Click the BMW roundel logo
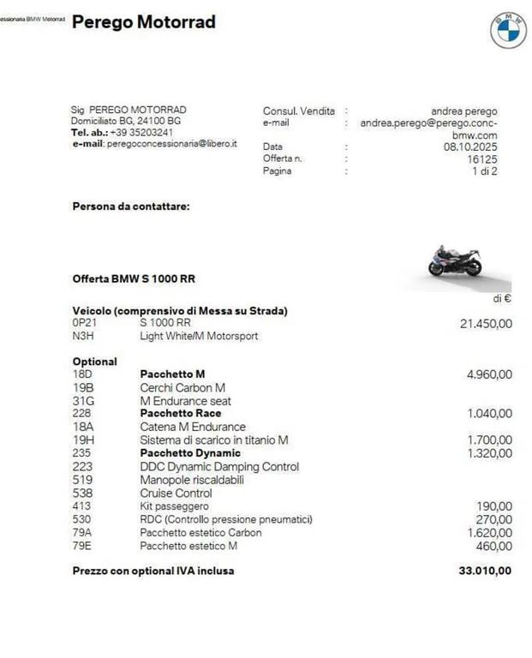[x=508, y=31]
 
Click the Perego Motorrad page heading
[x=144, y=22]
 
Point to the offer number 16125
[x=481, y=159]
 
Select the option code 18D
[x=83, y=374]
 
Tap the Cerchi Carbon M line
[x=182, y=387]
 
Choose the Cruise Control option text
[x=176, y=493]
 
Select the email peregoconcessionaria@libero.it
[x=171, y=144]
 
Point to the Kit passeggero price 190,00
[x=494, y=506]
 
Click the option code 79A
[x=83, y=532]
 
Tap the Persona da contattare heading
[x=131, y=206]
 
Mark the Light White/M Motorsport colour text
[x=199, y=336]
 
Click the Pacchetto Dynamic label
[x=190, y=453]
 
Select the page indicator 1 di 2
[x=484, y=170]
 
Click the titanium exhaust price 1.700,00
[x=489, y=440]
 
